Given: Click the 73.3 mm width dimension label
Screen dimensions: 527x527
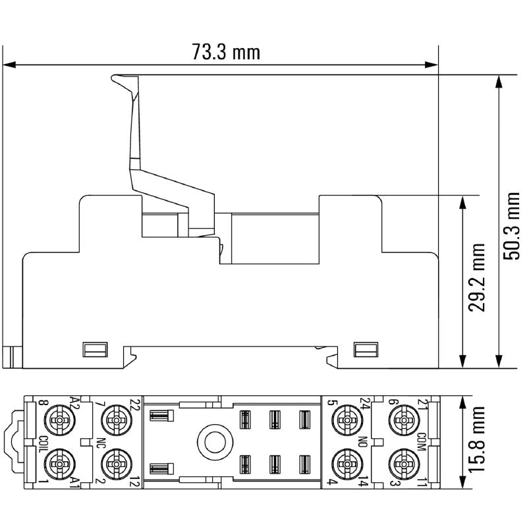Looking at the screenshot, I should click(x=226, y=53).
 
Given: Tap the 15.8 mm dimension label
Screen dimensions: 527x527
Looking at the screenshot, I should click(x=479, y=440).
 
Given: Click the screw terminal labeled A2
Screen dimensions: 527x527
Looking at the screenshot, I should click(x=61, y=419).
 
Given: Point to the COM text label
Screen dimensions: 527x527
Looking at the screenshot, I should click(x=421, y=439).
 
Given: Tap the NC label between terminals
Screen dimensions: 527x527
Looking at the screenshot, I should click(x=100, y=441).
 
